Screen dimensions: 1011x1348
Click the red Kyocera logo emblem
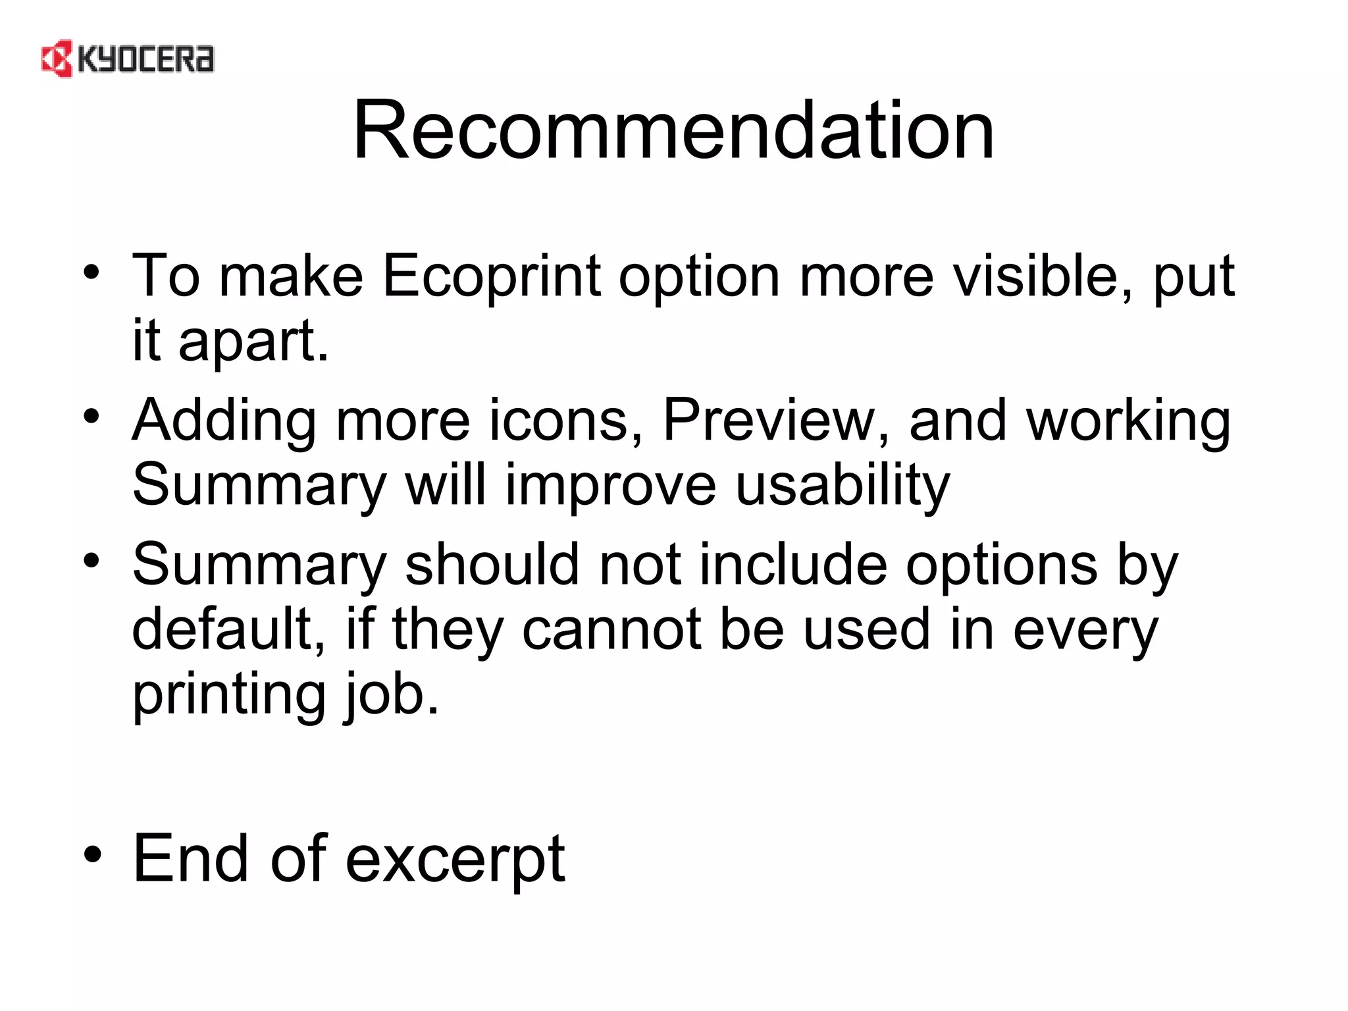[x=57, y=59]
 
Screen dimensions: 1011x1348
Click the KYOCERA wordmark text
[x=145, y=59]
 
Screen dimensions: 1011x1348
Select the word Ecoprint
[x=491, y=276]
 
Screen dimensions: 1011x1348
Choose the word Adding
[x=224, y=421]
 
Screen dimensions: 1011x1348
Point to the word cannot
[x=611, y=629]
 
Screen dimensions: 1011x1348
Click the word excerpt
[x=455, y=860]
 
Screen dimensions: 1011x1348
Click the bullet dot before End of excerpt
[x=92, y=854]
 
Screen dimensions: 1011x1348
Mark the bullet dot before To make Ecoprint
[x=92, y=271]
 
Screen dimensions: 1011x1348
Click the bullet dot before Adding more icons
[x=92, y=416]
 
